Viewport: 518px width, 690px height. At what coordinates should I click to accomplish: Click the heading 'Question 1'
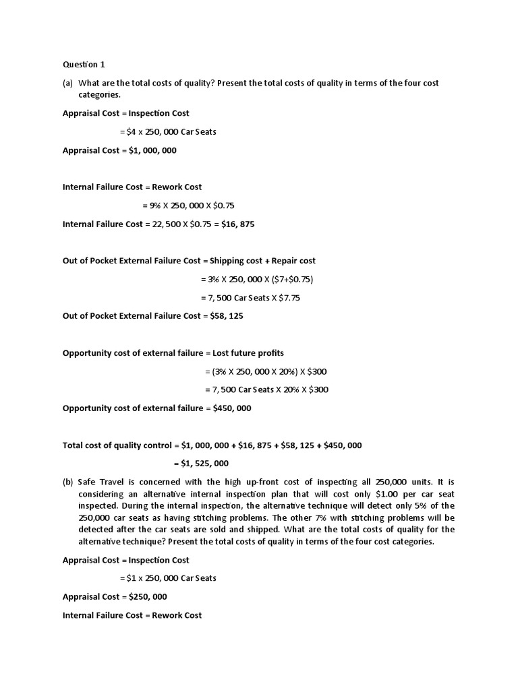click(84, 65)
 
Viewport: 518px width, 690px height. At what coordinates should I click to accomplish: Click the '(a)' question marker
click(68, 83)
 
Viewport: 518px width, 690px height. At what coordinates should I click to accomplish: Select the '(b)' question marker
click(68, 482)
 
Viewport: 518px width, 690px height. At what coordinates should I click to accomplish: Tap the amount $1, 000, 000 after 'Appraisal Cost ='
click(153, 150)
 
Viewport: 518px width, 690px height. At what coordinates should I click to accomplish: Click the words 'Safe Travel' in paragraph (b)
click(100, 482)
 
